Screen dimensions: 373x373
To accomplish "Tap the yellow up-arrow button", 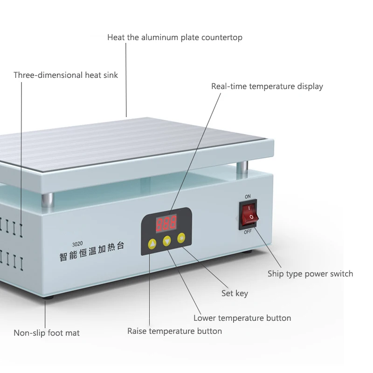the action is tap(152, 244).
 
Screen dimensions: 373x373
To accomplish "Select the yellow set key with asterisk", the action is tap(181, 238).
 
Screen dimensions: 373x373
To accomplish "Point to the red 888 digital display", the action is tap(166, 223).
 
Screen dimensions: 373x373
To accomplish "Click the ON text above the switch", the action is tap(248, 196).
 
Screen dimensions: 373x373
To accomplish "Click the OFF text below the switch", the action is tap(248, 231).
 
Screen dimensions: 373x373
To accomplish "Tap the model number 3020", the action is tap(77, 244).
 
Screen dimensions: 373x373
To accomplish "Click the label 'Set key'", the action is tap(235, 293).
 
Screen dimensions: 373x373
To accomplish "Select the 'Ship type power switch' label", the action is tap(310, 274).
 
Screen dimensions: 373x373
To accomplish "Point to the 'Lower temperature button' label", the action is tap(242, 318).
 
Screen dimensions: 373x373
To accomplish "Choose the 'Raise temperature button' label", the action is tap(174, 331).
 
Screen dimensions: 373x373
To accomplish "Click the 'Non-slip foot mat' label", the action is tap(47, 333).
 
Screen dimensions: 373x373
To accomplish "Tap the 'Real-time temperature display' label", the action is tap(267, 86).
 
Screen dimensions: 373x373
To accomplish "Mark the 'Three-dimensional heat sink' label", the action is tap(66, 75).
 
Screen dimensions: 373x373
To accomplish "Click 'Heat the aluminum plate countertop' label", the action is tap(175, 38).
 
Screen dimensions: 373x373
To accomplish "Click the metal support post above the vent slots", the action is tap(48, 200).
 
